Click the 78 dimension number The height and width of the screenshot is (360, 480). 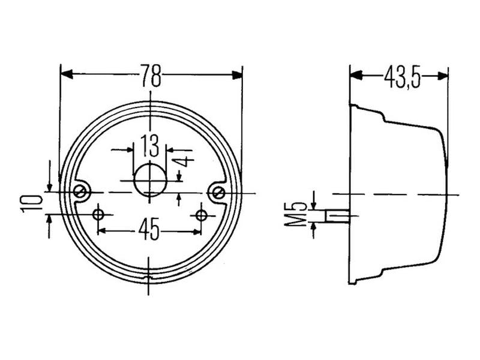pos(151,75)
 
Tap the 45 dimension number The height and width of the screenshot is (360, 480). pos(149,229)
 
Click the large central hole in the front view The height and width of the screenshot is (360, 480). pos(149,179)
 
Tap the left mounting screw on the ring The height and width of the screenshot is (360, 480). pos(80,191)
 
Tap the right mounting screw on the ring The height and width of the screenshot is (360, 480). pos(220,192)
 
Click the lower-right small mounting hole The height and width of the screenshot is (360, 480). pos(201,214)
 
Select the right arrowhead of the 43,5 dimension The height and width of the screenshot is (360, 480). pos(443,76)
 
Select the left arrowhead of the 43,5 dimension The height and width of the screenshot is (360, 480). pos(356,76)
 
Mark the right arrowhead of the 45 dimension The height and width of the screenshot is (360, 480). pos(196,230)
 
